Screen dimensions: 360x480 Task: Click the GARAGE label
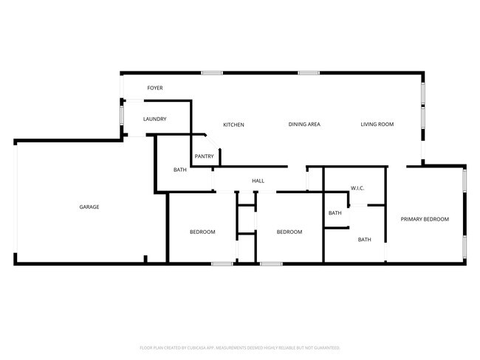click(89, 207)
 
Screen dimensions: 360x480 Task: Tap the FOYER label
click(154, 88)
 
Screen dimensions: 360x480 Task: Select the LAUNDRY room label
click(154, 119)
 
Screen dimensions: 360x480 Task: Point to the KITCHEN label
click(233, 125)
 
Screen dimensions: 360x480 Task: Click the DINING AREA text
click(304, 125)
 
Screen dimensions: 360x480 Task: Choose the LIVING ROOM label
click(377, 125)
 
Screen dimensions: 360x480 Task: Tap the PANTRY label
click(204, 156)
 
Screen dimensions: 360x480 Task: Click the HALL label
click(258, 181)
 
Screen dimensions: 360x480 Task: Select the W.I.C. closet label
click(357, 188)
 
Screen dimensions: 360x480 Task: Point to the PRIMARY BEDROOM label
click(425, 219)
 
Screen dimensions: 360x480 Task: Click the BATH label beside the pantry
click(180, 170)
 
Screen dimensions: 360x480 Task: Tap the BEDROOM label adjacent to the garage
click(202, 232)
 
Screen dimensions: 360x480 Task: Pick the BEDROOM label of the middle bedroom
click(289, 232)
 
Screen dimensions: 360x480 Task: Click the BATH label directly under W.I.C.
click(335, 213)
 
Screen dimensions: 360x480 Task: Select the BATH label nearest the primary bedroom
click(365, 239)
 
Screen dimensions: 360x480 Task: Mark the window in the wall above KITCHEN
click(212, 72)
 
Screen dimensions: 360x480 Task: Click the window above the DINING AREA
click(309, 72)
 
